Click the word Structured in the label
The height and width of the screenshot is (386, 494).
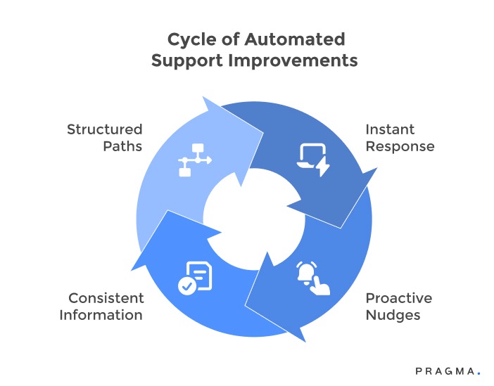click(x=104, y=129)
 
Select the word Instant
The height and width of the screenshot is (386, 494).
click(x=390, y=129)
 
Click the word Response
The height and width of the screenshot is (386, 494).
click(x=400, y=146)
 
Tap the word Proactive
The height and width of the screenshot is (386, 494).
click(x=399, y=298)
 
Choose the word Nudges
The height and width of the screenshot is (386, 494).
click(x=393, y=315)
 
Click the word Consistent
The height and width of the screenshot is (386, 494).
click(x=106, y=298)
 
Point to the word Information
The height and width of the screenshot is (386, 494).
click(x=101, y=315)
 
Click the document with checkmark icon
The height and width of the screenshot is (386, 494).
click(x=194, y=277)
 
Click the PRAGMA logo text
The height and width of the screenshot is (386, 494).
click(x=444, y=371)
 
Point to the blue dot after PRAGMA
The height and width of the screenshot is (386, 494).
click(x=479, y=373)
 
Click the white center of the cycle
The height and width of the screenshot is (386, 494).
click(x=253, y=218)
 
